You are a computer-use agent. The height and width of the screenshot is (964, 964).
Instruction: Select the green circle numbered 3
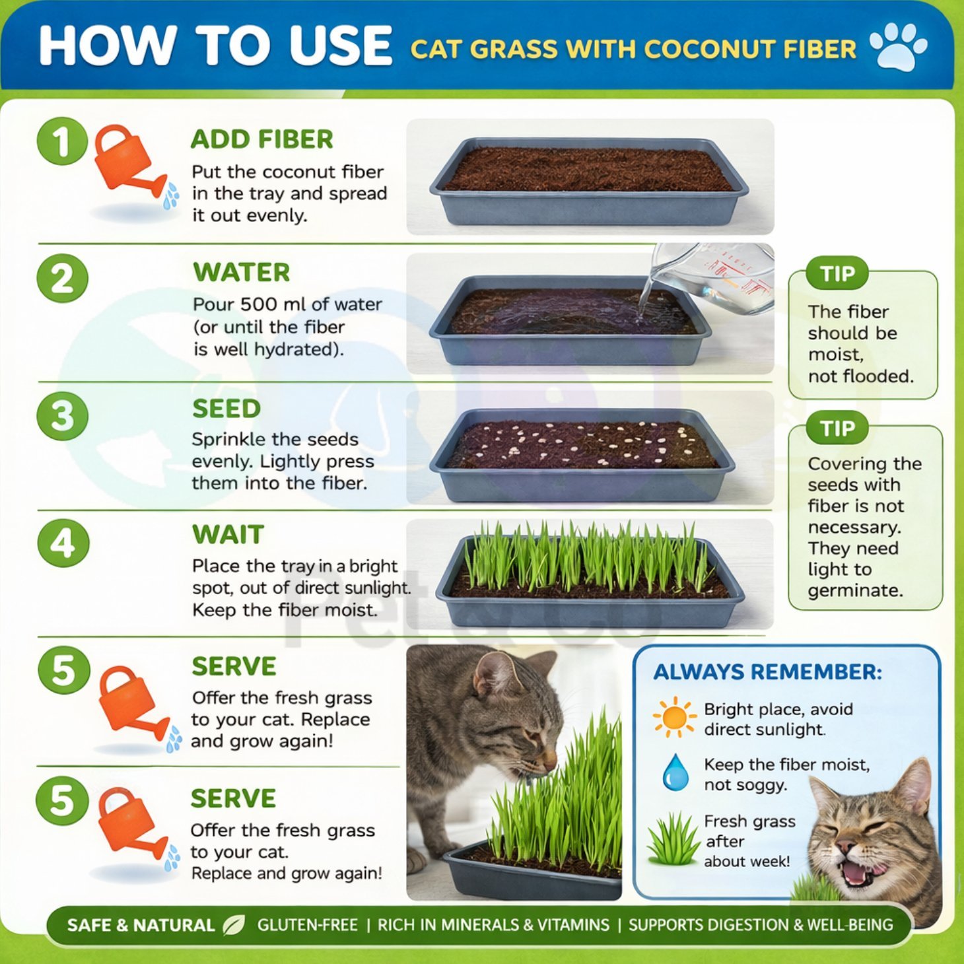click(63, 416)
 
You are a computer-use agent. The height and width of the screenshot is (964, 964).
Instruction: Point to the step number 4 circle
click(63, 544)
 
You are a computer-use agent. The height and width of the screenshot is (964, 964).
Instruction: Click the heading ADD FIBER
click(261, 139)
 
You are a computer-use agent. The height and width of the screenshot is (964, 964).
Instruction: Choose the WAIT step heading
click(228, 535)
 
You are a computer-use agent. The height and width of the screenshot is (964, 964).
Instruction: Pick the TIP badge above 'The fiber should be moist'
click(837, 273)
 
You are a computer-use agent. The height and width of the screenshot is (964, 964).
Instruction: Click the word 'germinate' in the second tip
click(856, 590)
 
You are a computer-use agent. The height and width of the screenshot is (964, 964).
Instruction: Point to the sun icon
click(674, 717)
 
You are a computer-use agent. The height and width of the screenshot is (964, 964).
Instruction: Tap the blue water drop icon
click(675, 773)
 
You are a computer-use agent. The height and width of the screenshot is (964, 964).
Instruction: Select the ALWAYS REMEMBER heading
click(767, 672)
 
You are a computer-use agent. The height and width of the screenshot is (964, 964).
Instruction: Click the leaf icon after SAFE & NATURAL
click(234, 925)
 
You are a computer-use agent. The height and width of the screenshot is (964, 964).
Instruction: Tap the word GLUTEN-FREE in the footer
click(308, 925)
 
